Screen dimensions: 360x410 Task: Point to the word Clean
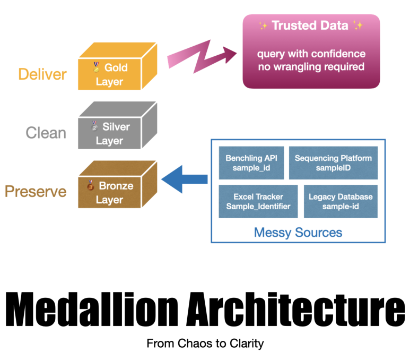click(46, 132)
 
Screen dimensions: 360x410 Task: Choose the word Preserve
click(36, 191)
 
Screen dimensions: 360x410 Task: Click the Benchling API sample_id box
click(251, 163)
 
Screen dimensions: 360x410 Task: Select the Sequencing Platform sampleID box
click(333, 163)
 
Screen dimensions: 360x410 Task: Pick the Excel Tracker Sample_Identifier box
click(258, 201)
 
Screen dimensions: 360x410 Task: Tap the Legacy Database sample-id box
click(341, 201)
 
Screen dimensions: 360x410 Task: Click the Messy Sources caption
click(298, 232)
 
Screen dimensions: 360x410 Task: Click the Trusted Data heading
click(311, 25)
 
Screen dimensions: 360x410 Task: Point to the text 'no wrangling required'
click(311, 67)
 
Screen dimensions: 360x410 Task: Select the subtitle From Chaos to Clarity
click(205, 344)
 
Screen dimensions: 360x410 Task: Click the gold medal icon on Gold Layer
click(96, 67)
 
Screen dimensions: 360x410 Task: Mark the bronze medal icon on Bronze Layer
click(91, 186)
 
